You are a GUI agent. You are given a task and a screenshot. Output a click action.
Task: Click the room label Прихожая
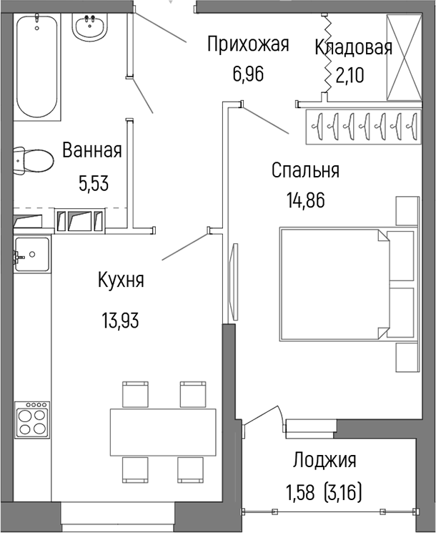[x=247, y=45]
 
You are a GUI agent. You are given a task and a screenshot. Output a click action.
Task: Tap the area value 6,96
[x=247, y=74]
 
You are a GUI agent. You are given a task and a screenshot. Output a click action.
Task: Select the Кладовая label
[x=353, y=48]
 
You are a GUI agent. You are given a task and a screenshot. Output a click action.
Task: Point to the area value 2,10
[x=350, y=75]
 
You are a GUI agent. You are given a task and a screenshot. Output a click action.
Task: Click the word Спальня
[x=305, y=171]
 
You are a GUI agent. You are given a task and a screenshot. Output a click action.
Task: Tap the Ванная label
[x=91, y=151]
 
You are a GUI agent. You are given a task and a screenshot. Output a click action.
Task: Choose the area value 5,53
[x=94, y=182]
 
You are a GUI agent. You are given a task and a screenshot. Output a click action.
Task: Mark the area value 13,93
[x=120, y=319]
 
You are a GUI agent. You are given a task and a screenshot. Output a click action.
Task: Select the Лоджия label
[x=324, y=460]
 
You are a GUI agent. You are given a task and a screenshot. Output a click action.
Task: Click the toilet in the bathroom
[x=33, y=161]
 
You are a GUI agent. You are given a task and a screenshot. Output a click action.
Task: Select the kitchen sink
[x=32, y=253]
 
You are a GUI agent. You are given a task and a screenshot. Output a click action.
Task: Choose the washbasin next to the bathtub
[x=90, y=29]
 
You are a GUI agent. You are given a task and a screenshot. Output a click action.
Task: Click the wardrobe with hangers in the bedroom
[x=361, y=125]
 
